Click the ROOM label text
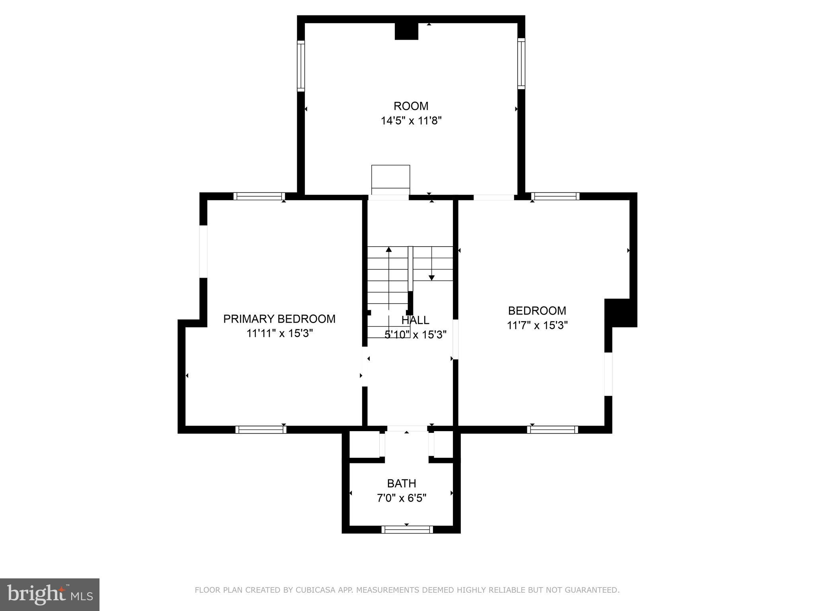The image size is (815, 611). pos(411,106)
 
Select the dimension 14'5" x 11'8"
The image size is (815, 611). pos(411,121)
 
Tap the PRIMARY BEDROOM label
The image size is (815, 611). pos(279,319)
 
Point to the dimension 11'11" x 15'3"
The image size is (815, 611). pos(279,333)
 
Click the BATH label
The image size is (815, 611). pos(402,483)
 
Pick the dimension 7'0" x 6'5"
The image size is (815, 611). pos(402,498)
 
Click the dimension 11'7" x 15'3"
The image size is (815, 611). pos(537,325)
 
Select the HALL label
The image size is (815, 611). pos(415,320)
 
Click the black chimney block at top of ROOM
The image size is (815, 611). pos(406,31)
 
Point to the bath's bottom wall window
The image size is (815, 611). pos(407,529)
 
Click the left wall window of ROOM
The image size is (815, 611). pos(301,66)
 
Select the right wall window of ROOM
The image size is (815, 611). pos(521,64)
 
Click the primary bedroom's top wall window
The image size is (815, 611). pos(259,196)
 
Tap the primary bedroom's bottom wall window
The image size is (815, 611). pos(261,430)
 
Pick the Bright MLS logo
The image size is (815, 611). pos(50,594)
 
